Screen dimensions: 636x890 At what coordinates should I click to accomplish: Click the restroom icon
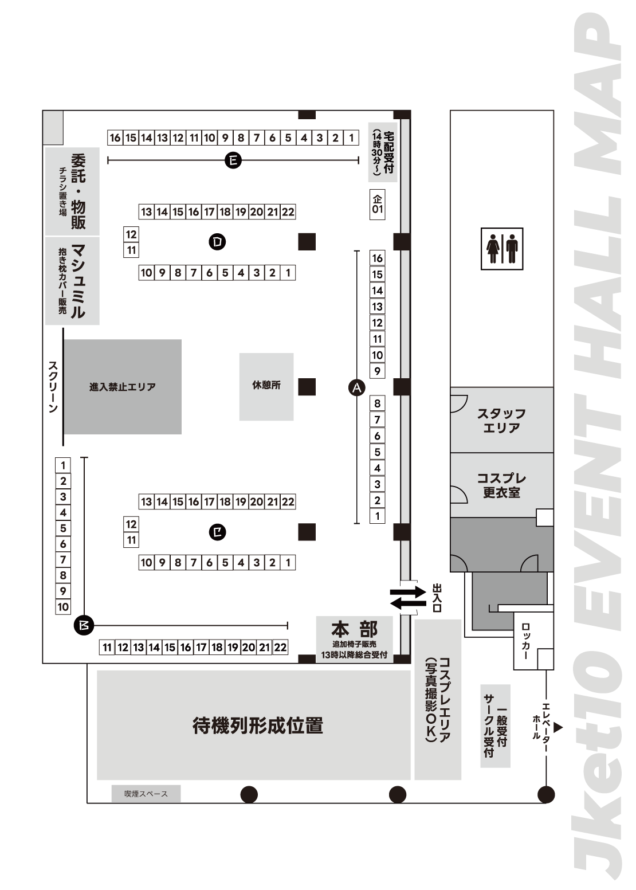(502, 248)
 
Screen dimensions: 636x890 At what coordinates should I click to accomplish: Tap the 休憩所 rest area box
(266, 386)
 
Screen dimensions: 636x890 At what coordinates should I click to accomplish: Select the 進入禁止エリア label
(122, 387)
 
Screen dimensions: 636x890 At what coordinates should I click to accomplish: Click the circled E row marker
(233, 160)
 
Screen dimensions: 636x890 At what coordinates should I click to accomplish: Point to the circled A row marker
(356, 388)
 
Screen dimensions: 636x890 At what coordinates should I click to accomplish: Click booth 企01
(377, 204)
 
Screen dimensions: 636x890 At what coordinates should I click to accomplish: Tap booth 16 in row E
(115, 138)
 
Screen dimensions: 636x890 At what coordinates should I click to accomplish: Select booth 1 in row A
(377, 516)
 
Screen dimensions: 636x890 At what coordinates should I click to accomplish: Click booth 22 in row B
(280, 648)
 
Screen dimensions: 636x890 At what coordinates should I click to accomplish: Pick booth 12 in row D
(131, 234)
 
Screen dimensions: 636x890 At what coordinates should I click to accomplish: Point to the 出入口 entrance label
(437, 598)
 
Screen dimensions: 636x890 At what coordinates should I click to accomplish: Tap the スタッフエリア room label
(501, 420)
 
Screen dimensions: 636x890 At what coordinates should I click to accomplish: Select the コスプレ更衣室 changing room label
(501, 485)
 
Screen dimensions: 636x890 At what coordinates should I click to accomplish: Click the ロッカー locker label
(525, 641)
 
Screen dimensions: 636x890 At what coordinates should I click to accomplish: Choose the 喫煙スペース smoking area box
(146, 794)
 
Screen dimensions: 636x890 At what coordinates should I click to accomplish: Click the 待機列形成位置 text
(258, 726)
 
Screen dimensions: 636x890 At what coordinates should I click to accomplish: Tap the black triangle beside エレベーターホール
(559, 727)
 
